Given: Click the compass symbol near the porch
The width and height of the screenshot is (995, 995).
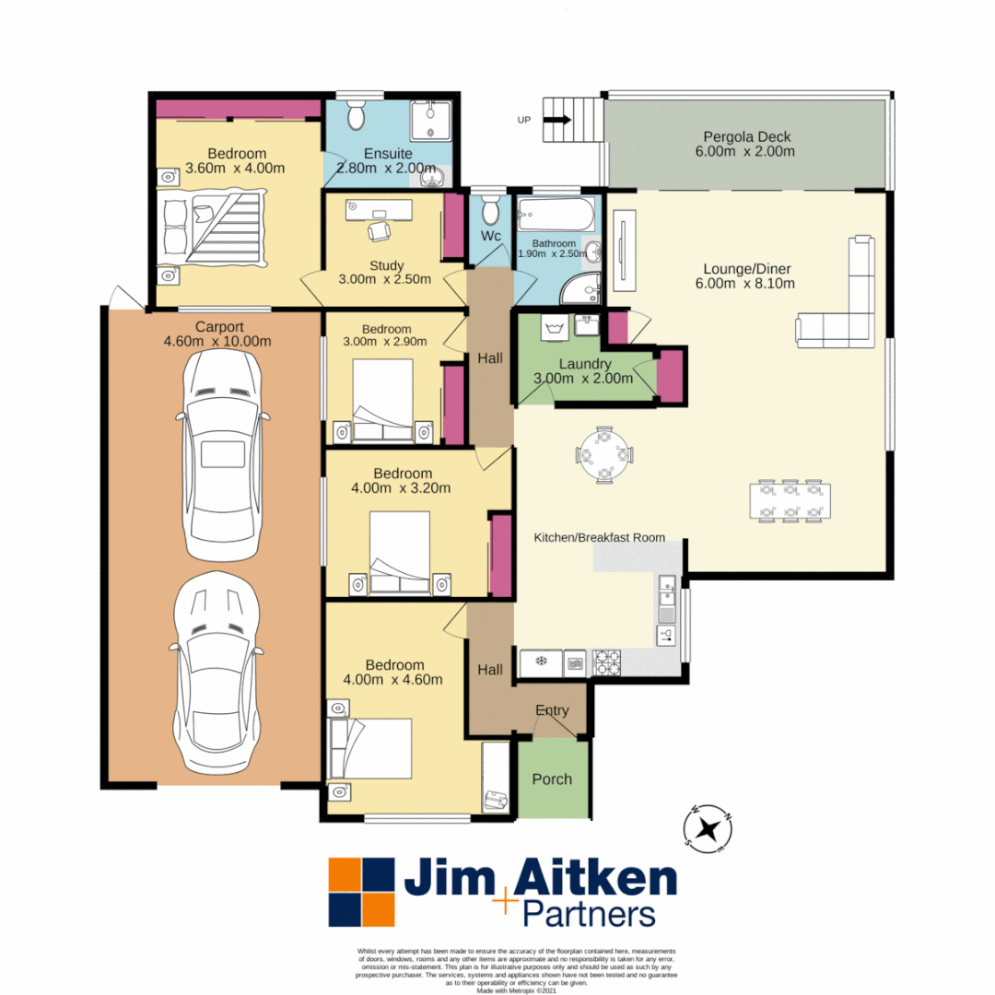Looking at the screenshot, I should [x=708, y=825].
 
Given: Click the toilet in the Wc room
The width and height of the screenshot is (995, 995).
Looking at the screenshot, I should [x=491, y=209].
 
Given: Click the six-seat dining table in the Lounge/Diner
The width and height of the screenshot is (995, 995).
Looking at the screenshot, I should [x=790, y=500].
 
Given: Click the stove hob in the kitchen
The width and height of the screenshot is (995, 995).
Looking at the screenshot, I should [x=608, y=661].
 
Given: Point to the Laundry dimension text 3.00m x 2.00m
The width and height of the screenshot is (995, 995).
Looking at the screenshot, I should [x=583, y=378].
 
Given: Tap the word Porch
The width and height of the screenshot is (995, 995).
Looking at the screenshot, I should [x=552, y=779].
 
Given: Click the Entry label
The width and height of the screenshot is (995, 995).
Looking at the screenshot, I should [x=552, y=710].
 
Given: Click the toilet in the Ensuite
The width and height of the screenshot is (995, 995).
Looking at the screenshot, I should [x=357, y=116].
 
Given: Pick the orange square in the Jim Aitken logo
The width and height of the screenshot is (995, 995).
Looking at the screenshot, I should [x=348, y=876].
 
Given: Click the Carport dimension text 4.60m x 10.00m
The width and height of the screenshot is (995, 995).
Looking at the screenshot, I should [x=217, y=341].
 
